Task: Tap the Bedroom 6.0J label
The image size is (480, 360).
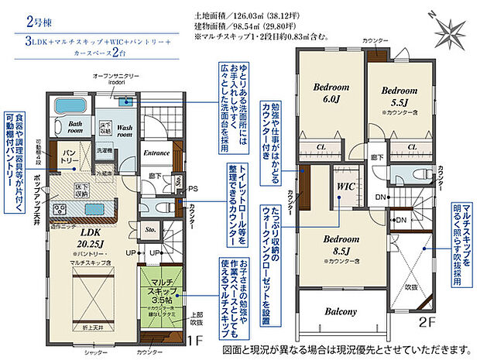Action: click(x=329, y=94)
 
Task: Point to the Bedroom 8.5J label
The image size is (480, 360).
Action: click(x=340, y=245)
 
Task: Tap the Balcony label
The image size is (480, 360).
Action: click(x=340, y=312)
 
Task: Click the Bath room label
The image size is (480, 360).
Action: click(x=75, y=127)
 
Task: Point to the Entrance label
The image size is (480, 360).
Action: click(x=157, y=153)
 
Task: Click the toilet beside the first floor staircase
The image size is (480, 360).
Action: click(x=159, y=207)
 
